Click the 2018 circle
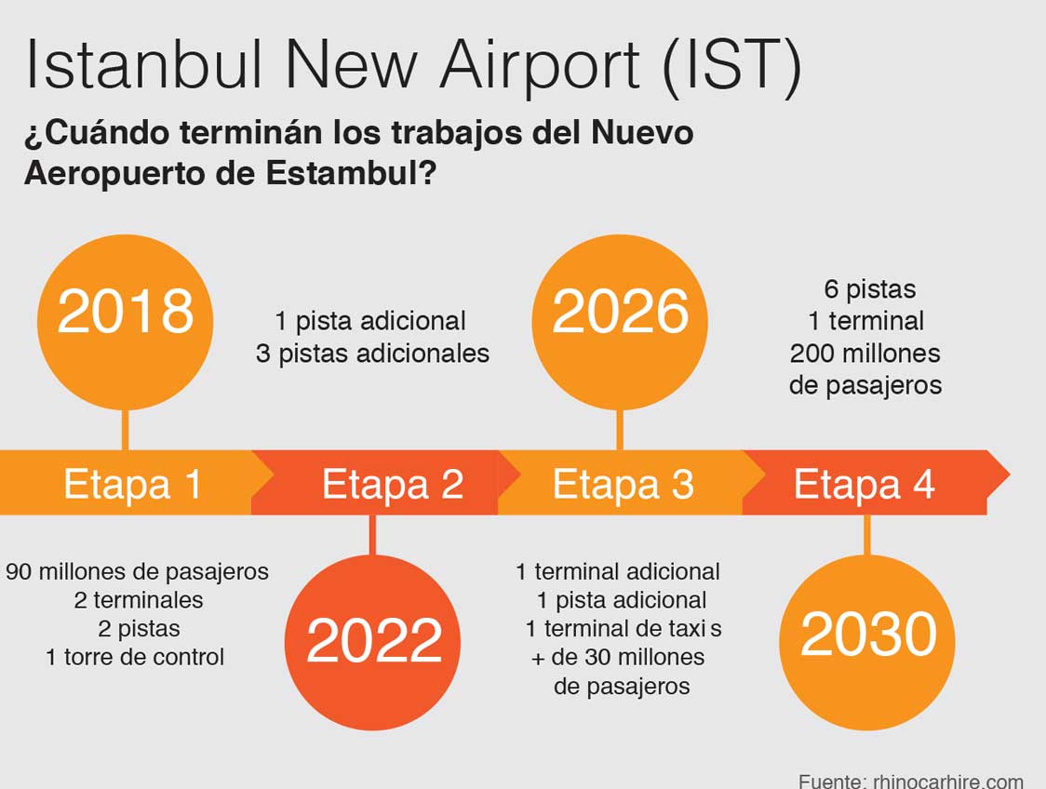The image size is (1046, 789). click(125, 322)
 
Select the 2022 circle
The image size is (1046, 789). click(372, 642)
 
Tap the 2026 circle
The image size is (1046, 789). click(620, 322)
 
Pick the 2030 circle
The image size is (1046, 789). click(867, 642)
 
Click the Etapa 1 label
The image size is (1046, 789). click(132, 484)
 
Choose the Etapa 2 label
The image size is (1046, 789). click(393, 484)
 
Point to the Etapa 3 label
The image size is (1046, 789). click(624, 484)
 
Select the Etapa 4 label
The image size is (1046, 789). click(864, 484)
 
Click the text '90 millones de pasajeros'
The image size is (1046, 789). click(137, 572)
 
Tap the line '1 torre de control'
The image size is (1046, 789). click(135, 658)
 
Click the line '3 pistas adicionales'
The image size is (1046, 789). click(372, 354)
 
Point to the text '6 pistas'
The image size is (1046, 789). click(870, 289)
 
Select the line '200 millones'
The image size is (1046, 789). click(865, 354)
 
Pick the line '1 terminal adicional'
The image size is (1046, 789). click(618, 571)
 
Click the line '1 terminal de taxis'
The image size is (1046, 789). click(624, 628)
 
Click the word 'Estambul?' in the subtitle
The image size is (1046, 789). click(351, 173)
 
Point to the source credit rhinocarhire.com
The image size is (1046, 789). click(948, 782)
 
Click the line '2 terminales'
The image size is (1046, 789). click(139, 600)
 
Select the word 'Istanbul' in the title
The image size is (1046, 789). click(143, 65)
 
